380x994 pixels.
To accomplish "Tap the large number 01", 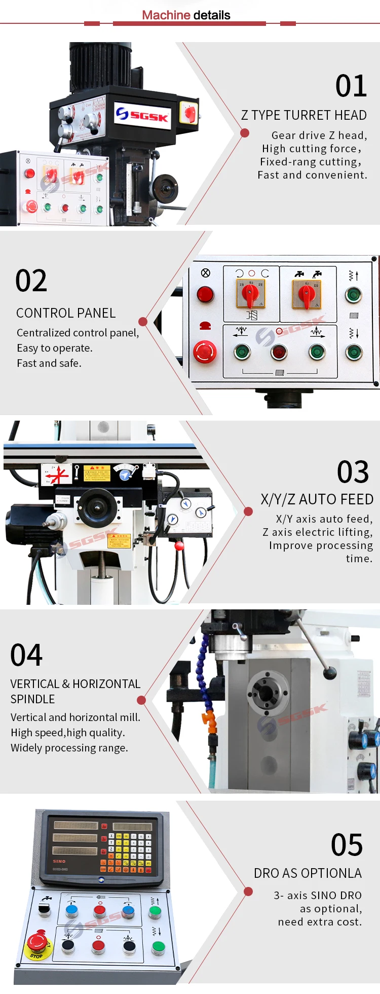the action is tap(351, 86).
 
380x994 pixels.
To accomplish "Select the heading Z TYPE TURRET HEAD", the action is tap(303, 115).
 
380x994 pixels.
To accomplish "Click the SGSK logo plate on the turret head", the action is tap(142, 115).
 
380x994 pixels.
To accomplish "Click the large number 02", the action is tap(31, 281).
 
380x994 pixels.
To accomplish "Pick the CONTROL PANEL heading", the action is tap(66, 313).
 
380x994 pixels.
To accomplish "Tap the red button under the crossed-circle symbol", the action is tap(205, 294).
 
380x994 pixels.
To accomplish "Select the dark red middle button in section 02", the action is tap(279, 352).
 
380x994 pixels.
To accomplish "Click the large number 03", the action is tap(353, 472).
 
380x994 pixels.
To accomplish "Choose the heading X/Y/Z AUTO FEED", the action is tap(317, 499).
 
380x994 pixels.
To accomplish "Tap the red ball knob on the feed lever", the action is tap(179, 546).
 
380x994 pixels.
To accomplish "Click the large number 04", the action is tap(26, 655).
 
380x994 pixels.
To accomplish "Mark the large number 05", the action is tap(347, 845).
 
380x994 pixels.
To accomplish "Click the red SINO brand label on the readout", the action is tap(59, 861).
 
